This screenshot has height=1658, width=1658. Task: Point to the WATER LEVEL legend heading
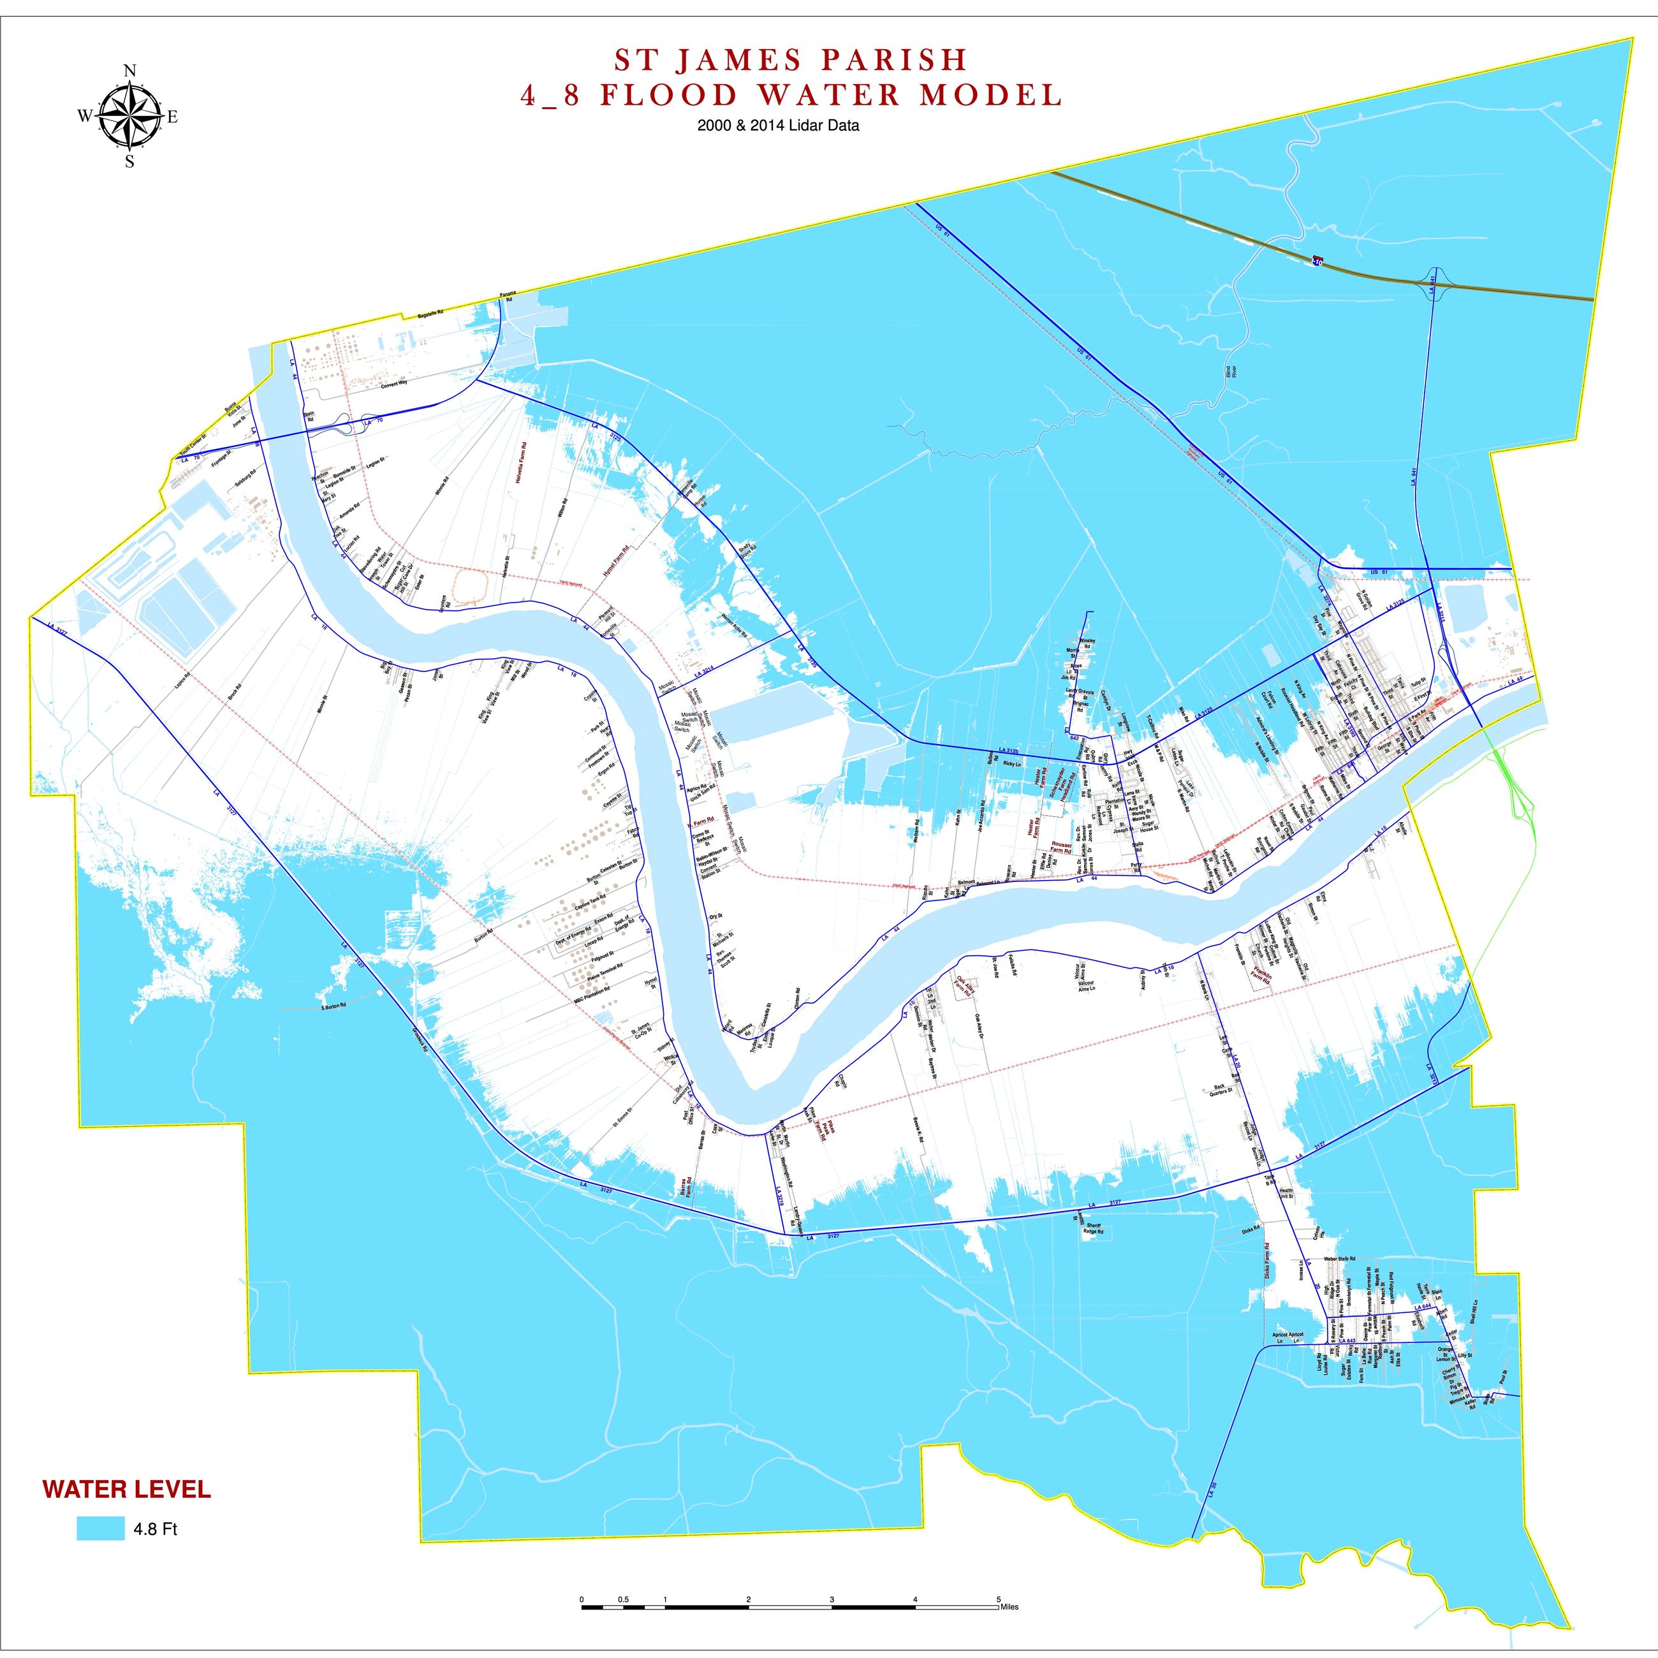127,1489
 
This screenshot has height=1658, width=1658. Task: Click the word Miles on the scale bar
1009,1606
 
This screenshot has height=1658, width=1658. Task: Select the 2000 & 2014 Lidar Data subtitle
779,125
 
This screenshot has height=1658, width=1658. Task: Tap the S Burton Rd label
333,1006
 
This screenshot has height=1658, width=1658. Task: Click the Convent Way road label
395,385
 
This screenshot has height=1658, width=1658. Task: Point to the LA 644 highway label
1424,1307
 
